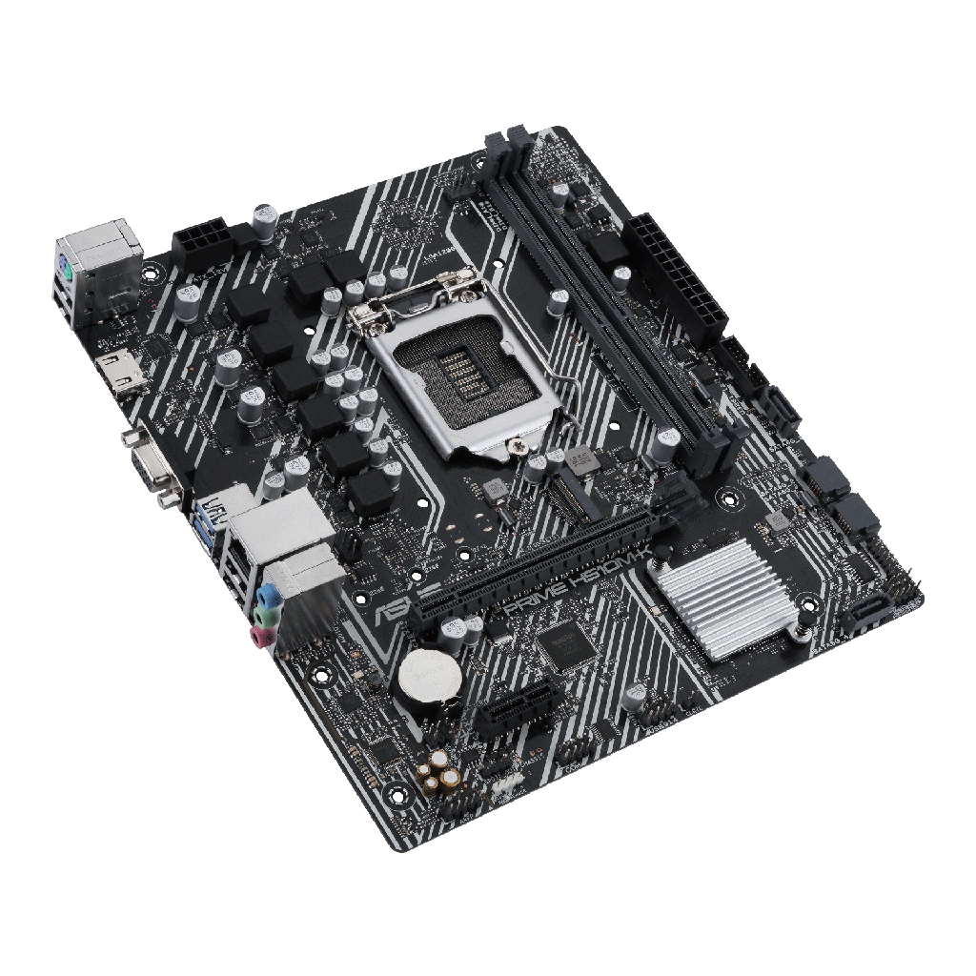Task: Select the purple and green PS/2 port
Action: coord(65,271)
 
